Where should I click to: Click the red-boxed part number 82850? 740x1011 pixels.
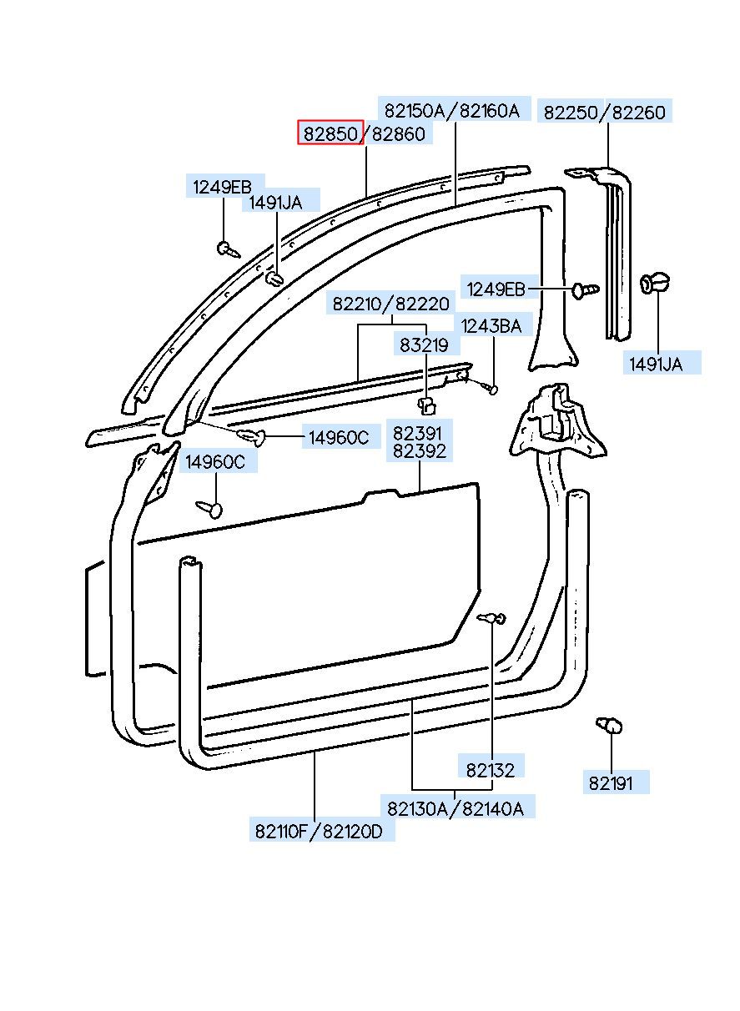pos(331,133)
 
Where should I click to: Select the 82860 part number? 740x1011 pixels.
pos(398,133)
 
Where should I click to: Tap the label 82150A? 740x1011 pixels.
pos(415,110)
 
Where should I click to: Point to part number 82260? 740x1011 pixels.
pos(638,112)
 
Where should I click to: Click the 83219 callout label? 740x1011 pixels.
pos(424,345)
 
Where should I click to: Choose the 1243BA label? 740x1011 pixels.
pos(491,326)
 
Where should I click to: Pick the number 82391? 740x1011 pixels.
pos(417,433)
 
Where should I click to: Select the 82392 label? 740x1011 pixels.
pos(419,451)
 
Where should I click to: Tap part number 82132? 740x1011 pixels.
pos(491,770)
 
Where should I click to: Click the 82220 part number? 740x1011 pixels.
pos(422,304)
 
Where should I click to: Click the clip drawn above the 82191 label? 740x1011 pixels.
pos(609,724)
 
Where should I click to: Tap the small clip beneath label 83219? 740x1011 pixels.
pos(426,405)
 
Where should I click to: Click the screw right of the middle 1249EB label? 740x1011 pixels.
pos(586,289)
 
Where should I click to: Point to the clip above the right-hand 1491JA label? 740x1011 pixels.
pos(655,282)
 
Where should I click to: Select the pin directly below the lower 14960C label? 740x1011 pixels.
pos(209,508)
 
